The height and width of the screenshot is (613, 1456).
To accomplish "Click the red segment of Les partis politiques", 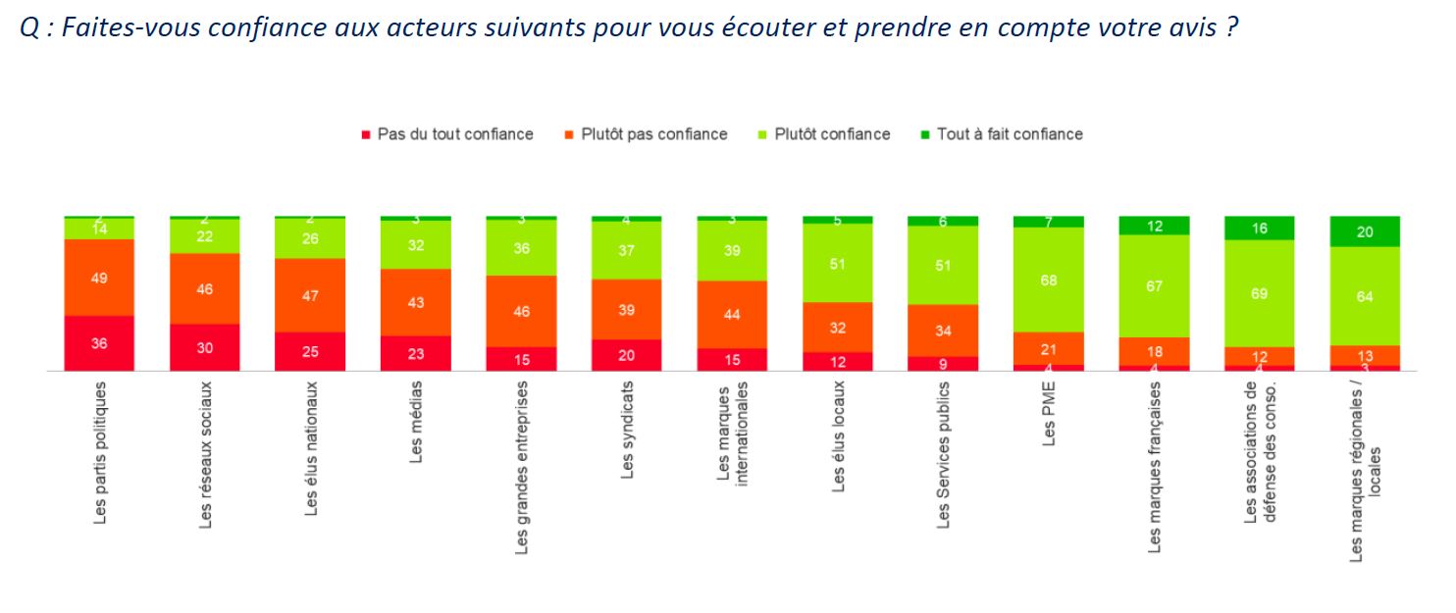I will (99, 343).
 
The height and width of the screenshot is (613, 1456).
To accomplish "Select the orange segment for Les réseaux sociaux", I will (204, 288).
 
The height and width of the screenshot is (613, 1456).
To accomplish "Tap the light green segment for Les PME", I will (1049, 280).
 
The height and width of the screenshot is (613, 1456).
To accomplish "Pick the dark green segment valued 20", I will (1364, 231).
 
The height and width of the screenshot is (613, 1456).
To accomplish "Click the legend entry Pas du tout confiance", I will (447, 134).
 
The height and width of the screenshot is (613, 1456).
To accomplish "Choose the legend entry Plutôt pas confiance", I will (646, 134).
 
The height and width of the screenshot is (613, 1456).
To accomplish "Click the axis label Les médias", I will (417, 421).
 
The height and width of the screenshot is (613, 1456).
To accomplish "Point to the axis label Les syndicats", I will (628, 430).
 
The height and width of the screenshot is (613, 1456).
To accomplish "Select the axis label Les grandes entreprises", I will (522, 467).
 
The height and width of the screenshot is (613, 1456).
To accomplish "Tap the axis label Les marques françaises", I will (1154, 466).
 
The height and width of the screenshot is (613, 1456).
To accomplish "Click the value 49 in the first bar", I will (99, 278).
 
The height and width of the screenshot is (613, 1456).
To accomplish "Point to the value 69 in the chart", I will (1259, 293).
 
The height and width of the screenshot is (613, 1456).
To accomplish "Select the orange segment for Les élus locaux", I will (838, 328).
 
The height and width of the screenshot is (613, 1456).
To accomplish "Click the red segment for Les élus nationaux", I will (310, 352).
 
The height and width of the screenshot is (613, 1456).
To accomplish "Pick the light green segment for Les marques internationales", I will (732, 251).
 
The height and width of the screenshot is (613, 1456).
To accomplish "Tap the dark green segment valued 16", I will (1259, 229).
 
